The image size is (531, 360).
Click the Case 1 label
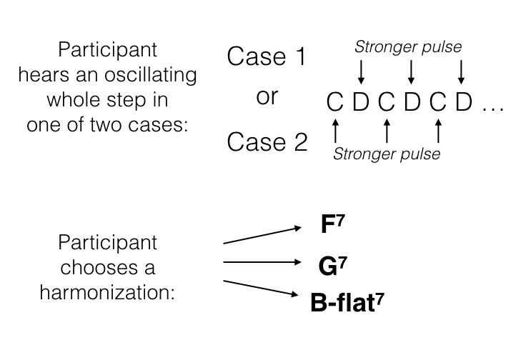[267, 56]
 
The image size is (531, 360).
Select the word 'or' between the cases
[267, 98]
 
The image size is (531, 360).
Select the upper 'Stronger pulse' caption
[408, 48]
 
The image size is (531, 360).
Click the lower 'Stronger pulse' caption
[387, 154]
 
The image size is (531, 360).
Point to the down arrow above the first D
[360, 72]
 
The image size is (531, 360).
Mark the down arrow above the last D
[462, 72]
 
